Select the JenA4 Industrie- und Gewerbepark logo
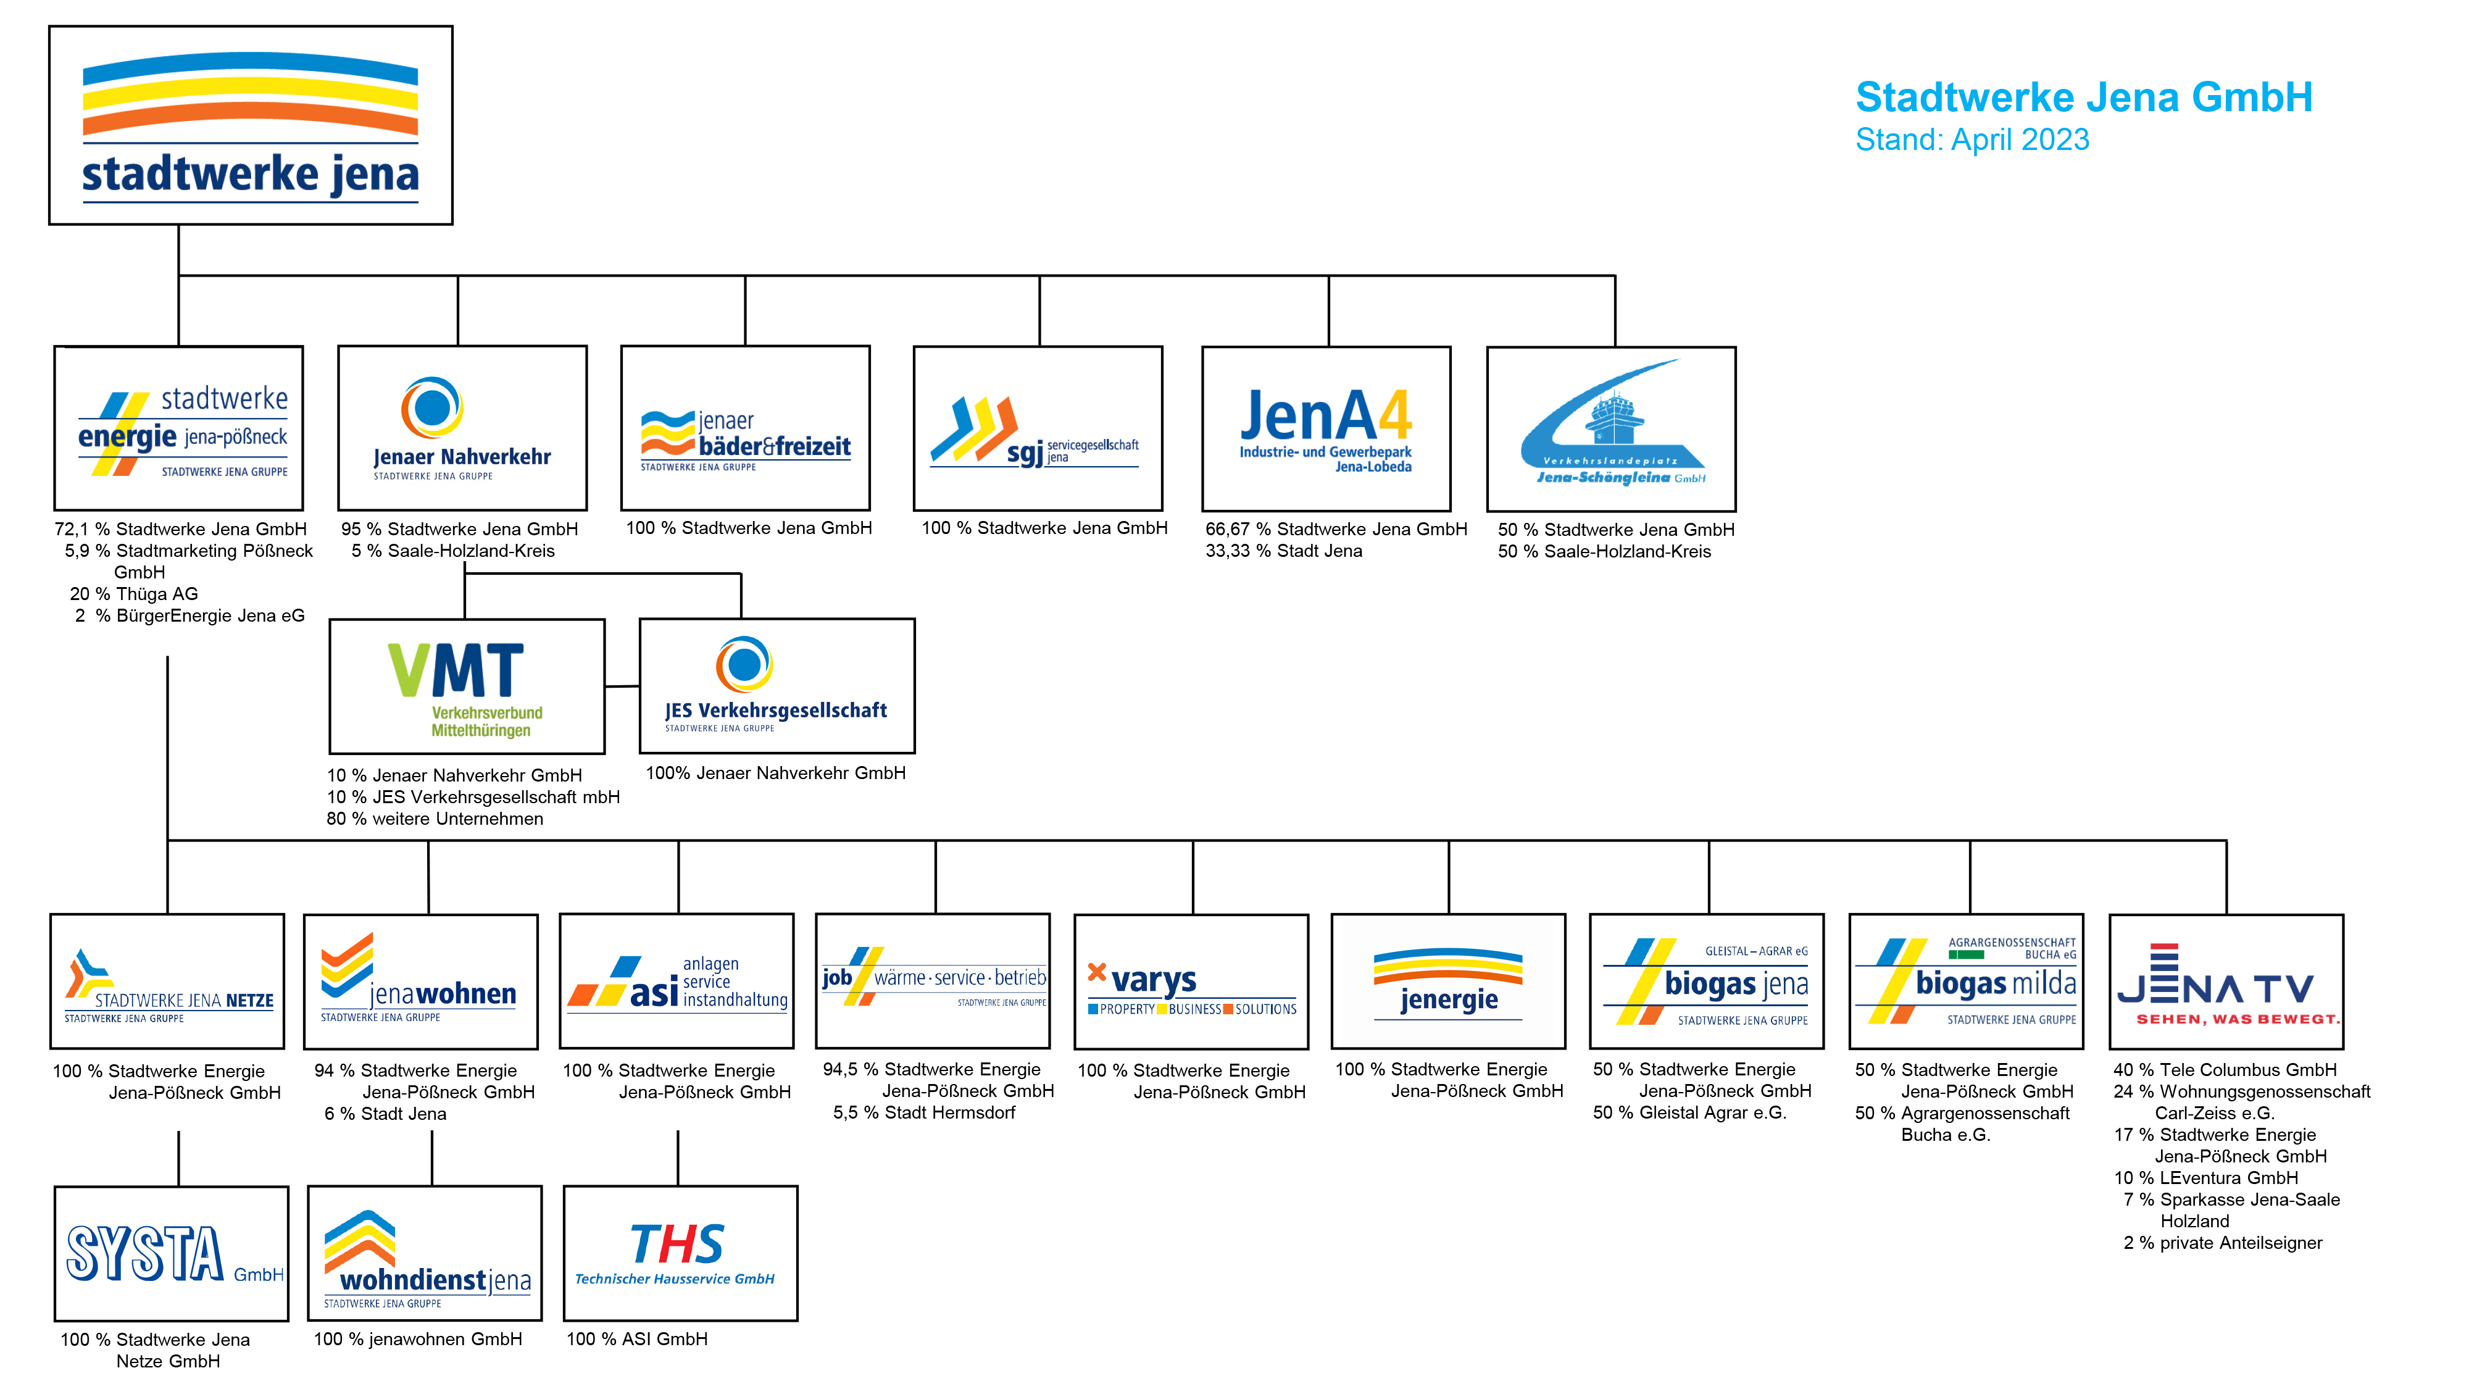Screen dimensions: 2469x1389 point(1326,428)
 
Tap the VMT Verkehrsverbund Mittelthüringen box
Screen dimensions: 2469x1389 point(467,686)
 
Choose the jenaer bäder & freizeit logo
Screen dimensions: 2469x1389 point(746,428)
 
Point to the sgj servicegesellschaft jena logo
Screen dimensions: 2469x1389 point(1038,428)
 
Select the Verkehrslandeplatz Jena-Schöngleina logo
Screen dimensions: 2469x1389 point(1611,428)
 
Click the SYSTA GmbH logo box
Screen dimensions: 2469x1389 point(172,1254)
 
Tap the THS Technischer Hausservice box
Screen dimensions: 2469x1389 point(680,1254)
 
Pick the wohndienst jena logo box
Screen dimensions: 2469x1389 point(425,1254)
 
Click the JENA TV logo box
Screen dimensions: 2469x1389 point(2226,982)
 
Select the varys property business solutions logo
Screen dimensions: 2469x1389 point(1191,982)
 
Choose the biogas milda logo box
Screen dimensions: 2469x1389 point(1966,982)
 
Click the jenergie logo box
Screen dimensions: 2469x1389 point(1448,982)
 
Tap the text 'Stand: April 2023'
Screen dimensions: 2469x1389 point(1973,140)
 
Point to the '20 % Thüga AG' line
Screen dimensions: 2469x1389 point(134,594)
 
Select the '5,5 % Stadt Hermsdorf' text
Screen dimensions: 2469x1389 point(924,1113)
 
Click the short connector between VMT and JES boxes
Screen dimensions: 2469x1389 point(622,686)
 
